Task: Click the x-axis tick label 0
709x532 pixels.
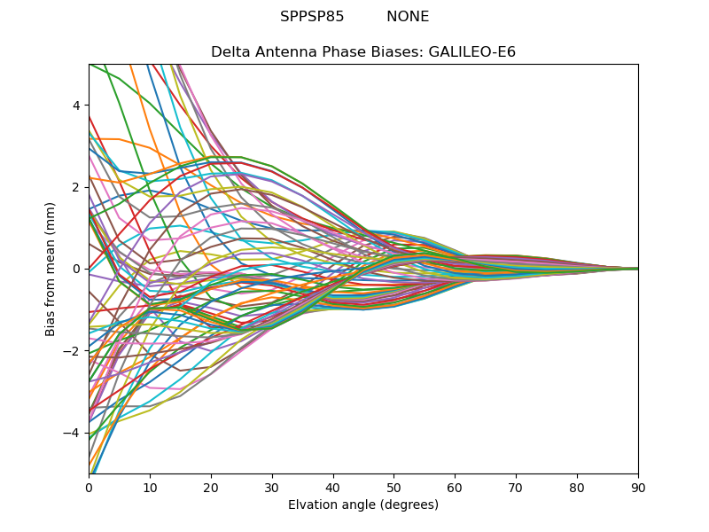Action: pos(89,487)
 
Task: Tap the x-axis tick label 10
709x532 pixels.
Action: pos(150,487)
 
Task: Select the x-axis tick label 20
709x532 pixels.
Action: pos(211,487)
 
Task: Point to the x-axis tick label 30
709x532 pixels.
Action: pos(272,487)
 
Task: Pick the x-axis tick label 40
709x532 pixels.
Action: pos(333,487)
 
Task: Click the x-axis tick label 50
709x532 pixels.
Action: pos(393,487)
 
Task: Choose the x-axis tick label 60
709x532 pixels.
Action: pos(455,487)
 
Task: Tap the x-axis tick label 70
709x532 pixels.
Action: pos(516,487)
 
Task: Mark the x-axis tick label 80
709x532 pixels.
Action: pos(577,487)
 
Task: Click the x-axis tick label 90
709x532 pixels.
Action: pos(638,487)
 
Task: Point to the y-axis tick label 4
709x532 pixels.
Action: pos(76,105)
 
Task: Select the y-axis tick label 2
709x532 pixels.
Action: pos(76,187)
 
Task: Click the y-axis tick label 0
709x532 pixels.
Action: pos(76,269)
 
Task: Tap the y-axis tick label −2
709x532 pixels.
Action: pos(73,350)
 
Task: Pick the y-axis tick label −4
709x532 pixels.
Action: pos(73,433)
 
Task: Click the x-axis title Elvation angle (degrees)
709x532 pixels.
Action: pos(363,505)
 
